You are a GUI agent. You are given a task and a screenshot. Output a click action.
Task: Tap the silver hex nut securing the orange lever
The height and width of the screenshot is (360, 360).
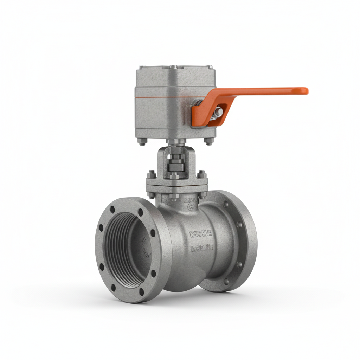[x=218, y=112]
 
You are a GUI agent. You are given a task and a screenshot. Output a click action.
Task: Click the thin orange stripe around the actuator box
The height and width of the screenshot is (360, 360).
[x=165, y=97]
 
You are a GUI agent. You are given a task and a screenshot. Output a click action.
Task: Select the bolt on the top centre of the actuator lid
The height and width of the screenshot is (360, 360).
[x=173, y=66]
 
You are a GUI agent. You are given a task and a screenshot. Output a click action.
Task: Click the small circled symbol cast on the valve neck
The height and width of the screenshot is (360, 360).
[x=191, y=208]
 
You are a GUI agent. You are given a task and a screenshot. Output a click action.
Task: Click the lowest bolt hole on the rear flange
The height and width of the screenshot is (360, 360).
[x=226, y=281]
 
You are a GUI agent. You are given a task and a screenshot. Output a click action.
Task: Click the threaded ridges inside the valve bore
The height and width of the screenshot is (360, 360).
[x=118, y=246]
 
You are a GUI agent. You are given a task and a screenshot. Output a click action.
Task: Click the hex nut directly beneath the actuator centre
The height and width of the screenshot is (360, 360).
[x=173, y=142]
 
